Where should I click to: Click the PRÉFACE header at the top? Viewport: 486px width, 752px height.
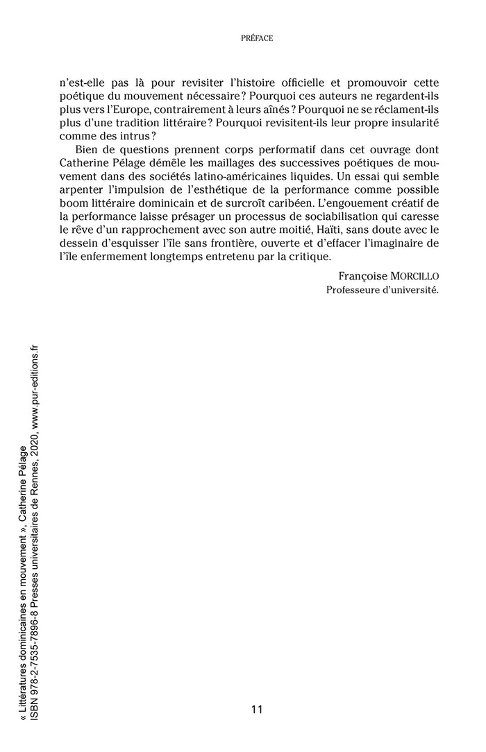point(256,39)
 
